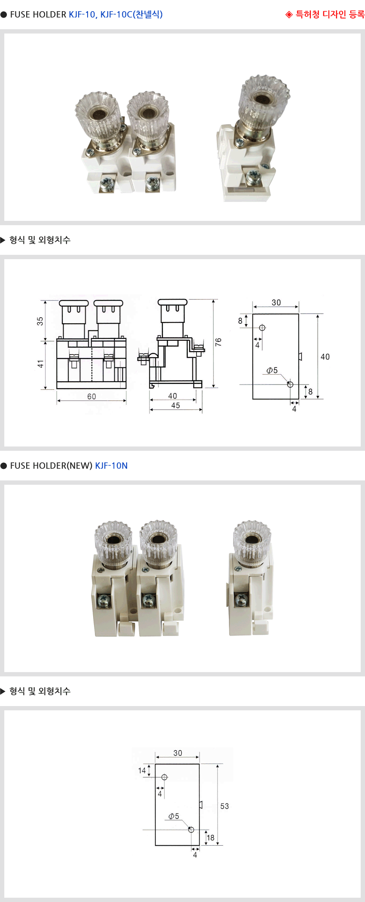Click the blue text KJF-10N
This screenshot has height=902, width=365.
[111, 466]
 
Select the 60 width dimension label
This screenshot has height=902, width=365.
[91, 396]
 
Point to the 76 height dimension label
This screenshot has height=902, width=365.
[219, 342]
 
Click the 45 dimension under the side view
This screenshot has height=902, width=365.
[176, 405]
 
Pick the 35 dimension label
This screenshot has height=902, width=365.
[40, 321]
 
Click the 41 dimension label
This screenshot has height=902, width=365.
[40, 364]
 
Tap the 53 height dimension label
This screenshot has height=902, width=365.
[225, 806]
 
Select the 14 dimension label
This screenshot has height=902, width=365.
[142, 771]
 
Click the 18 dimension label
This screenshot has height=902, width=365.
[210, 838]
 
